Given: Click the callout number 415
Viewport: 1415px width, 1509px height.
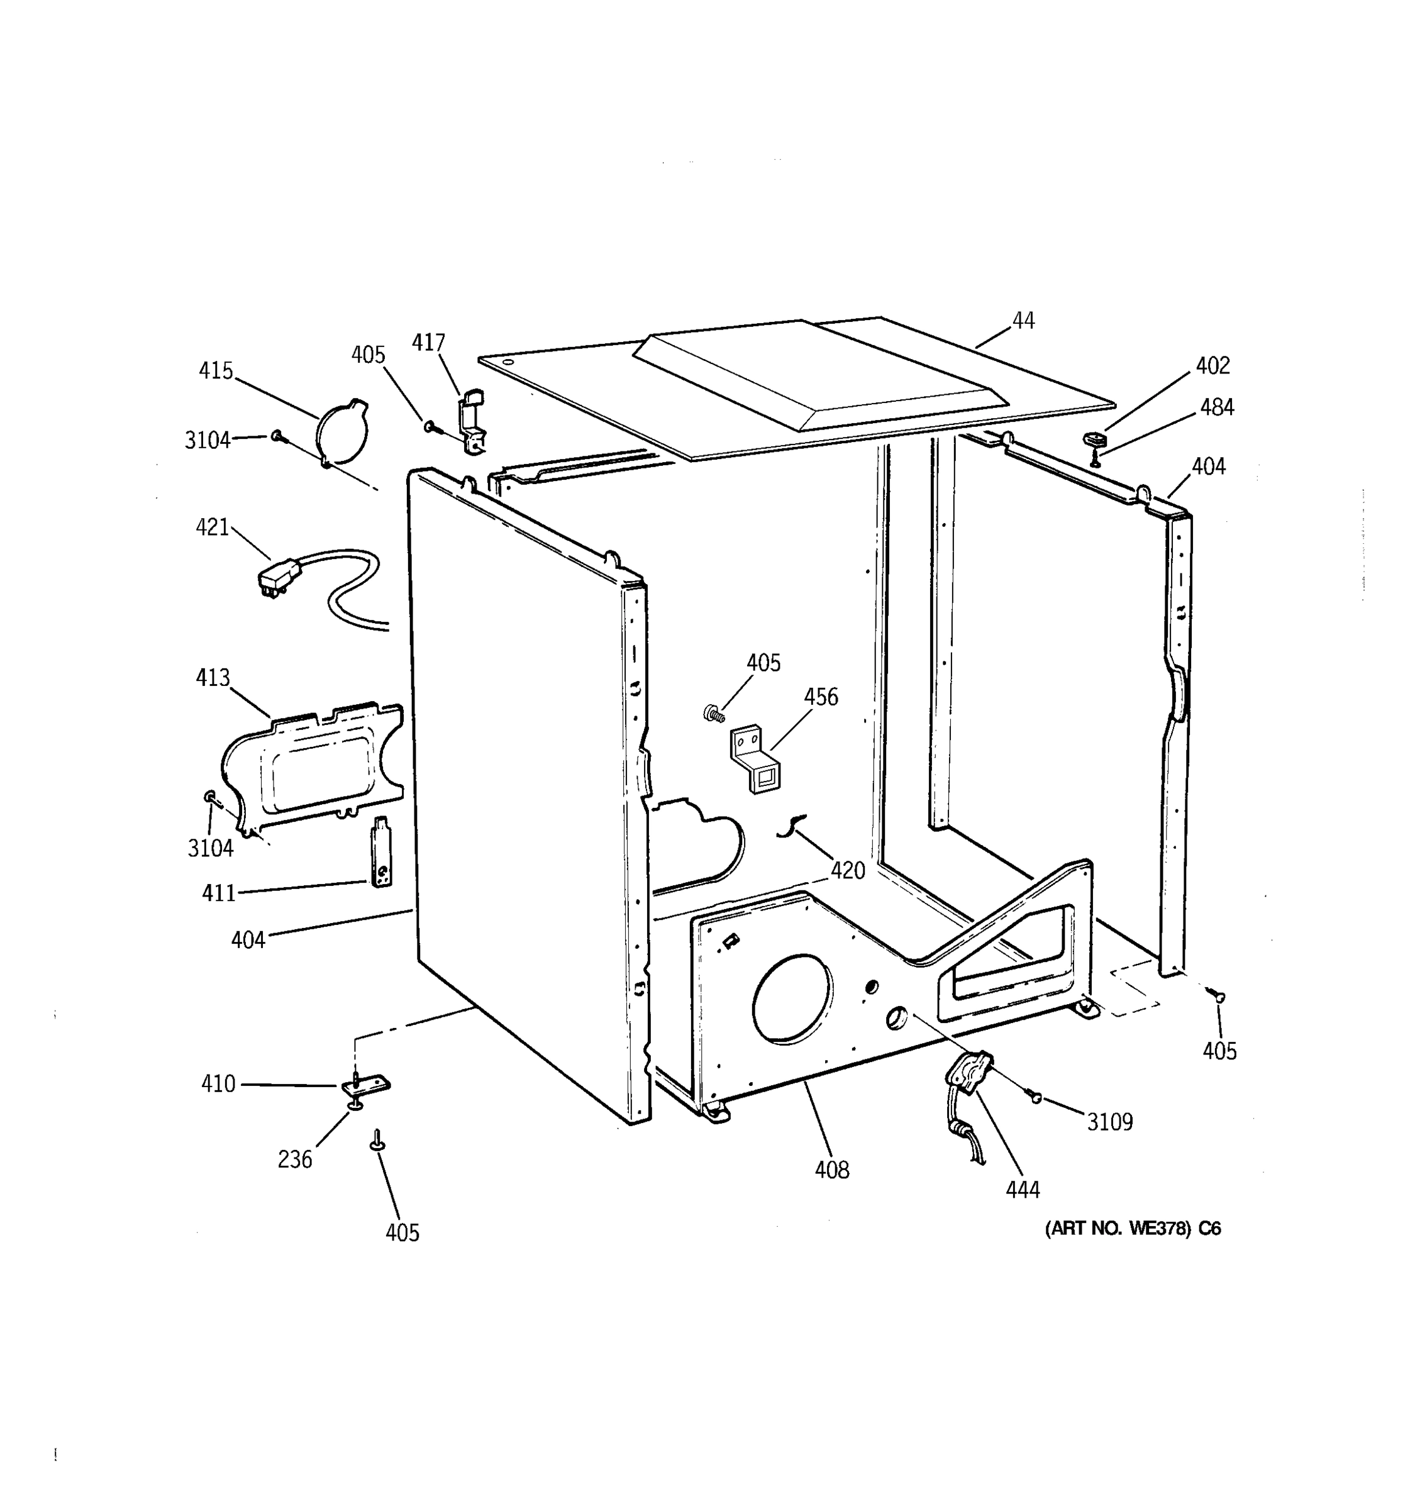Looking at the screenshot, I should click(216, 370).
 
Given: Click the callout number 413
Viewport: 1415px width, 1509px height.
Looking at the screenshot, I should click(213, 677).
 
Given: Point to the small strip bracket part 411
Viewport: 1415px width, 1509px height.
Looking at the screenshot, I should click(381, 852).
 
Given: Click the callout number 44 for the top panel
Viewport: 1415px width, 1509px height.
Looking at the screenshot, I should click(1023, 321).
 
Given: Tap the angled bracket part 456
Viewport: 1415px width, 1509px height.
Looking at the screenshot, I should click(755, 759).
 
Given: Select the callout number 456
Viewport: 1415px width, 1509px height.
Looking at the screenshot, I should click(821, 697).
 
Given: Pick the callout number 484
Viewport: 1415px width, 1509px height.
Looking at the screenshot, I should click(1217, 407).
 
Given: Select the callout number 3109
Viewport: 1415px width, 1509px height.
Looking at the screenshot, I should click(1110, 1122).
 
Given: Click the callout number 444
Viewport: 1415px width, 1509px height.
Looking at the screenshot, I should click(1023, 1190).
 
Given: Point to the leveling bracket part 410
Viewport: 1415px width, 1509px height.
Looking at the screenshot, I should click(366, 1085).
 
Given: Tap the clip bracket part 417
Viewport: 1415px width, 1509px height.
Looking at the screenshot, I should click(472, 421).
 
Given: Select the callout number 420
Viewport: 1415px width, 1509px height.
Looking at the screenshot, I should click(847, 871).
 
